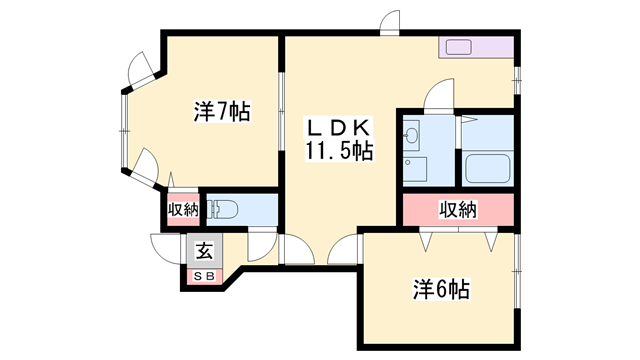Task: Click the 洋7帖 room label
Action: pos(222,111)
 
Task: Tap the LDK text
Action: pos(339,127)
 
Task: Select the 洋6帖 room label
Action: pos(441,290)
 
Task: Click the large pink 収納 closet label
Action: pos(458,210)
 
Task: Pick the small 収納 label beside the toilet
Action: pos(183,210)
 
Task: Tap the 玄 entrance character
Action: pos(203,250)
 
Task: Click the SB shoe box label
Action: pos(203,274)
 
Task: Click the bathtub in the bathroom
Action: pos(488,168)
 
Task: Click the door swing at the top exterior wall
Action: pos(389,24)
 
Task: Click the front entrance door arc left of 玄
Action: pos(164,247)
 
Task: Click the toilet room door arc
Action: pos(262,244)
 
